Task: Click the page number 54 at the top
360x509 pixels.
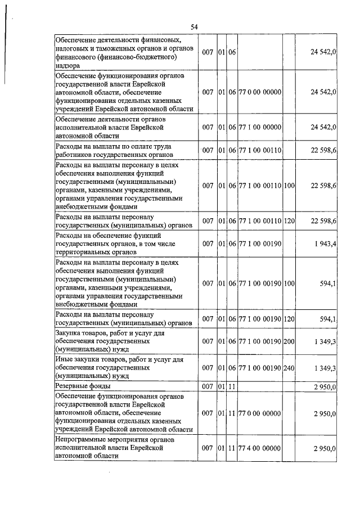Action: coord(194,27)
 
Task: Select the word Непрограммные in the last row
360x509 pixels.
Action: coord(83,440)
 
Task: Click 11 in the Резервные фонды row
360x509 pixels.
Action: coord(231,387)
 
